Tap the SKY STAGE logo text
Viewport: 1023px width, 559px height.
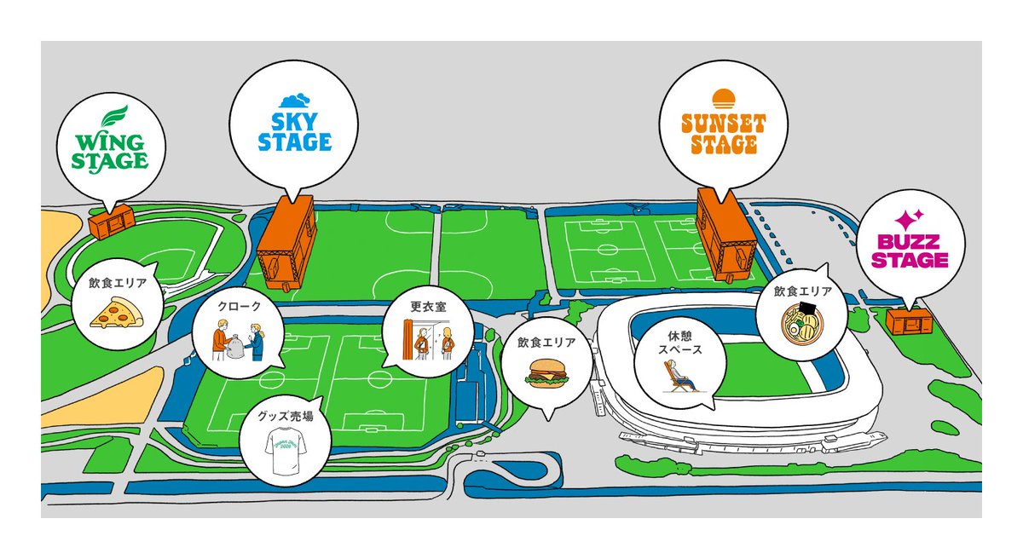(x=295, y=130)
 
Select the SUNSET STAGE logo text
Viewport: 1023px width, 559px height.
(x=723, y=134)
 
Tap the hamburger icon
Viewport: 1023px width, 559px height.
(x=546, y=374)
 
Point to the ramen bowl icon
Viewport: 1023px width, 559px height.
(x=802, y=326)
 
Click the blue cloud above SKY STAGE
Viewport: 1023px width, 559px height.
(x=295, y=101)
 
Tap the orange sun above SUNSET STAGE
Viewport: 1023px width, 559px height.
(x=723, y=97)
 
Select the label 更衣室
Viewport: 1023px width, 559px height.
(x=427, y=304)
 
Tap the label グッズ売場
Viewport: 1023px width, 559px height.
(x=285, y=417)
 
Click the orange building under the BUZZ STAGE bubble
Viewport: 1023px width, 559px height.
(x=909, y=321)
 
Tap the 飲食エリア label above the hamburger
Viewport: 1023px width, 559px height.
(x=546, y=343)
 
